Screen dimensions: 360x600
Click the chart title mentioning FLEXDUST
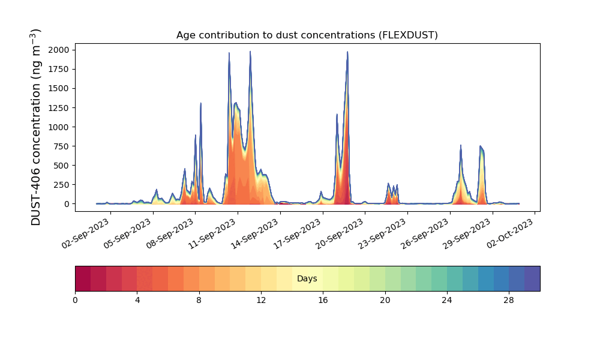click(307, 35)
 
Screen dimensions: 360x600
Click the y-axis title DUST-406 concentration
click(36, 127)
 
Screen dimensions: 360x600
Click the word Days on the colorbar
click(307, 279)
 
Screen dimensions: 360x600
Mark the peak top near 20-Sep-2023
click(347, 52)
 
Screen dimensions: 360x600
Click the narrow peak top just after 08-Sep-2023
click(200, 103)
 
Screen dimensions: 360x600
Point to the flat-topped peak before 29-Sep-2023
click(481, 147)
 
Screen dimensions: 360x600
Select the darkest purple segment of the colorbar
click(532, 278)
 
